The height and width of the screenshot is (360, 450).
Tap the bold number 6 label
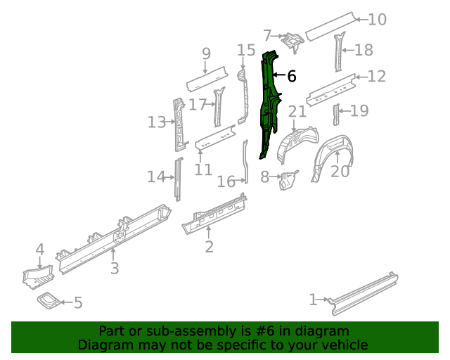coord(292,77)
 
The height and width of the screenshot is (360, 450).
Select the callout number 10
coord(377,20)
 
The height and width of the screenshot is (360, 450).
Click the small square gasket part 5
coord(49,300)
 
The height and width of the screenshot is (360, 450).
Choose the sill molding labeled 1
coord(364,293)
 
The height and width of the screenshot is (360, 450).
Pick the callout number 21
coord(297,111)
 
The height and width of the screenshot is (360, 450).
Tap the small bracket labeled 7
coord(293,41)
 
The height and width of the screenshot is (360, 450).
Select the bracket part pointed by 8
coord(288,179)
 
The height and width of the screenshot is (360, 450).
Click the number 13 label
coord(157,122)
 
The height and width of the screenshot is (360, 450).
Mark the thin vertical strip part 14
coord(179,179)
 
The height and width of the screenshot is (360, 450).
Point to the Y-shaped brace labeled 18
coord(339,51)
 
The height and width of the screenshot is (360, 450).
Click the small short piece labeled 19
coord(336,115)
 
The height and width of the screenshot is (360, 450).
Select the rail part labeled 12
coord(331,90)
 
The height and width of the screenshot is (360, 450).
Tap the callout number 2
coord(210,247)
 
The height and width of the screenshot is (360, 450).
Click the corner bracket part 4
coord(38,277)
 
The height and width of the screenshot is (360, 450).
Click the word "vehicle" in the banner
coord(345,345)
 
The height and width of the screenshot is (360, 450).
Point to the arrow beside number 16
coord(240,181)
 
